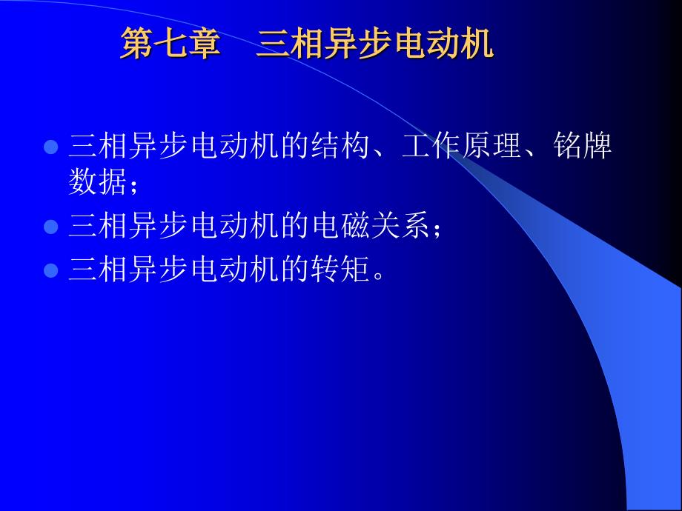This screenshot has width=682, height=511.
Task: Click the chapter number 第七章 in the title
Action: click(x=170, y=43)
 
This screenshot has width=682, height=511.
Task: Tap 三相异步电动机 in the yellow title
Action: click(x=375, y=43)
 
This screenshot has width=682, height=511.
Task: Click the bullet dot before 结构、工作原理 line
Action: click(x=51, y=147)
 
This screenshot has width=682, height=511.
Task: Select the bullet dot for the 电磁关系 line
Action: click(x=51, y=227)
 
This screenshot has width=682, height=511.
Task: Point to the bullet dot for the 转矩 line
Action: click(x=51, y=270)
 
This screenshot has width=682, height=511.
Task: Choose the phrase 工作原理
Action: click(x=461, y=146)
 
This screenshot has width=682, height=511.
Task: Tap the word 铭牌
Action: click(x=583, y=146)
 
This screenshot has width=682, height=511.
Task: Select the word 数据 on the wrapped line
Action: click(x=97, y=181)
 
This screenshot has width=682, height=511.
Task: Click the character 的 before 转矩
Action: click(x=295, y=269)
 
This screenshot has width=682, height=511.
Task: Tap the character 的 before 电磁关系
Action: click(x=295, y=226)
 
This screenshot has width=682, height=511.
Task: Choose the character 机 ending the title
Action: click(x=477, y=43)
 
